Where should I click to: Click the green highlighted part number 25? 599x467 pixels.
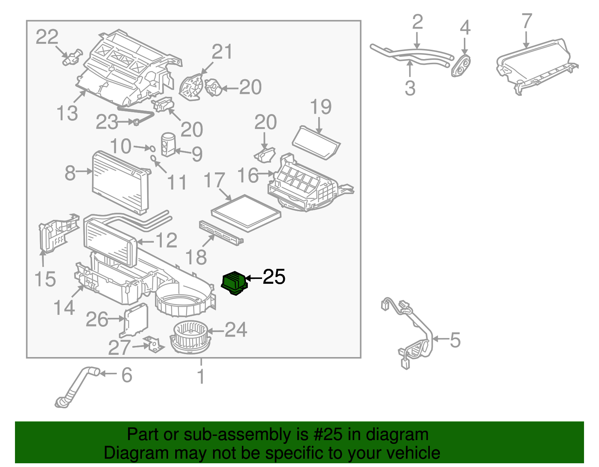pyautogui.click(x=234, y=283)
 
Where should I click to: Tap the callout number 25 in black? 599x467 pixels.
pyautogui.click(x=274, y=277)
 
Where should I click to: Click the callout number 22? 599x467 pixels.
pyautogui.click(x=47, y=37)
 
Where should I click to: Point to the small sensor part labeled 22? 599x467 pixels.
pyautogui.click(x=72, y=56)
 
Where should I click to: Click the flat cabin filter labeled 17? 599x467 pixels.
pyautogui.click(x=246, y=213)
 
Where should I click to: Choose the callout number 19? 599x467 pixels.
pyautogui.click(x=321, y=107)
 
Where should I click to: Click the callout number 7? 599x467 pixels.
pyautogui.click(x=527, y=21)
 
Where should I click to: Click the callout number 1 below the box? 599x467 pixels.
pyautogui.click(x=201, y=376)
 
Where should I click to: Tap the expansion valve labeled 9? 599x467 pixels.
pyautogui.click(x=167, y=144)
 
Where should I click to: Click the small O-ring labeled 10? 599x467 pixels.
pyautogui.click(x=152, y=148)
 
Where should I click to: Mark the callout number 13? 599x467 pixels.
pyautogui.click(x=67, y=113)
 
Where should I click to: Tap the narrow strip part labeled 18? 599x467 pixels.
pyautogui.click(x=221, y=233)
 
